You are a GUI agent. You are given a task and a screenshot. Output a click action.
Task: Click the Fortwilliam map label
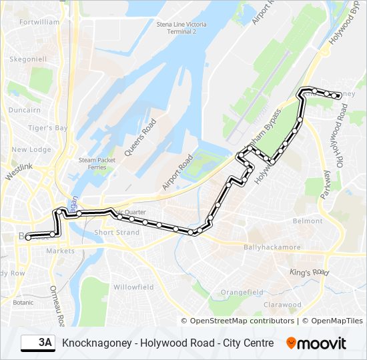click(40, 22)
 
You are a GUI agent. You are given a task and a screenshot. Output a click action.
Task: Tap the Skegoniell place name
click(27, 59)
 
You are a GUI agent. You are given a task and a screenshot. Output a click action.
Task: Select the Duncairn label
click(25, 110)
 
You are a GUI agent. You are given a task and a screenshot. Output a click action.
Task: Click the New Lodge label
click(31, 149)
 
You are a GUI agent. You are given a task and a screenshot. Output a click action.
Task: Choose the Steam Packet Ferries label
click(97, 163)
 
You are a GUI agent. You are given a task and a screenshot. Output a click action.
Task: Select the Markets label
click(60, 251)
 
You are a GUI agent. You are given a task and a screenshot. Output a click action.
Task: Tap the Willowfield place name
click(133, 287)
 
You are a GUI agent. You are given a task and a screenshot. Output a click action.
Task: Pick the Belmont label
click(308, 221)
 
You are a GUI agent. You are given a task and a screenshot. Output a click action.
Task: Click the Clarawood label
click(282, 305)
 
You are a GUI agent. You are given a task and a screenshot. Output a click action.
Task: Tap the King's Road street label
click(309, 272)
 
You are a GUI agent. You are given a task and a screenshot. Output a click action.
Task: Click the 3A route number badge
click(39, 343)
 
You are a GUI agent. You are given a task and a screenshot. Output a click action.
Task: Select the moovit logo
click(316, 343)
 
